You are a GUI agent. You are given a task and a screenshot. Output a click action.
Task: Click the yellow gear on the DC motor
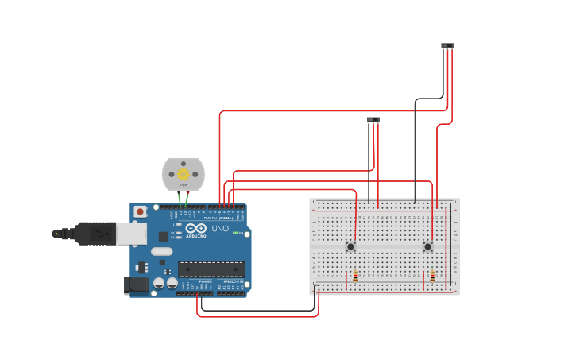183,174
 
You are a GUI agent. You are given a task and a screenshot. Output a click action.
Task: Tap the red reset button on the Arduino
141,211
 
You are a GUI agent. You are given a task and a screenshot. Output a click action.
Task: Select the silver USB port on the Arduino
131,233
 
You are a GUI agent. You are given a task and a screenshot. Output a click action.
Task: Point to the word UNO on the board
219,229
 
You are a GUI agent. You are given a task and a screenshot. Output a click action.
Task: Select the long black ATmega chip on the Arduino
211,269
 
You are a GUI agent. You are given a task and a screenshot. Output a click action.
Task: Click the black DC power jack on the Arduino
136,285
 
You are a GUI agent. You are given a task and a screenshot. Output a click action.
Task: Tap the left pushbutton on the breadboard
350,246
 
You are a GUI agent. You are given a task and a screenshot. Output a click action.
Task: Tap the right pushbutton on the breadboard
427,246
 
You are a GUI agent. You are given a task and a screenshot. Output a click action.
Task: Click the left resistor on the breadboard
355,277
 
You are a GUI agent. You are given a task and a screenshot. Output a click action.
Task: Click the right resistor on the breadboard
432,277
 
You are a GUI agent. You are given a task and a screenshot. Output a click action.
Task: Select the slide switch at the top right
448,46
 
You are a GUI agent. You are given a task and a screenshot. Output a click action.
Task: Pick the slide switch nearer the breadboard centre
373,120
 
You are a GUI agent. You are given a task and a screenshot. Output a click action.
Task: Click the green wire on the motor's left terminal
180,198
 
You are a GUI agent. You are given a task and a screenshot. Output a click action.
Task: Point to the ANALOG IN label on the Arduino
233,281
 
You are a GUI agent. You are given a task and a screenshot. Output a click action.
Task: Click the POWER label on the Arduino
205,281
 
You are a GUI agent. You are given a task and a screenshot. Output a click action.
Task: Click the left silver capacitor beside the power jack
159,283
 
